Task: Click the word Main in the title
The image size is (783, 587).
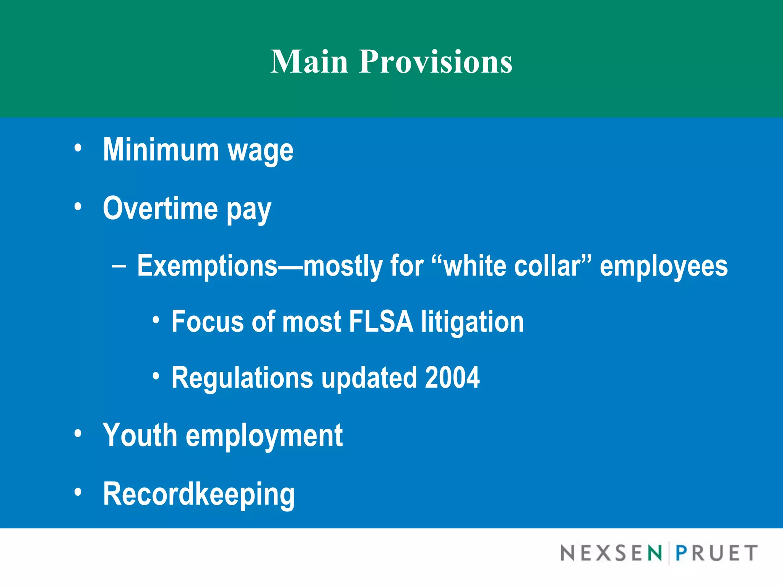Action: tap(309, 62)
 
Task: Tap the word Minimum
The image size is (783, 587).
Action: tap(161, 150)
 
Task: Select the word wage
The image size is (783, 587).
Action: tap(260, 151)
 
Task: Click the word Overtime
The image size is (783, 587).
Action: tap(160, 208)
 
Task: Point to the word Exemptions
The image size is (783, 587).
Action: tap(207, 266)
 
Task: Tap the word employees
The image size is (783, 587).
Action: tap(663, 267)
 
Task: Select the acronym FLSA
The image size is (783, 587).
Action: tap(381, 322)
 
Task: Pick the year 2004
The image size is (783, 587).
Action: tap(452, 378)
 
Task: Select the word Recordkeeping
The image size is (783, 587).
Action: tap(199, 494)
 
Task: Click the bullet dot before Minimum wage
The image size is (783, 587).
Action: tap(78, 148)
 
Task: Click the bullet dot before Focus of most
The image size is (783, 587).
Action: tap(155, 320)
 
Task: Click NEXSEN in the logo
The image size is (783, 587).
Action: tap(611, 553)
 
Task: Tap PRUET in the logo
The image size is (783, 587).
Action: tap(716, 553)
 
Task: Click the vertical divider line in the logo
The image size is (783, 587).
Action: tap(669, 553)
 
